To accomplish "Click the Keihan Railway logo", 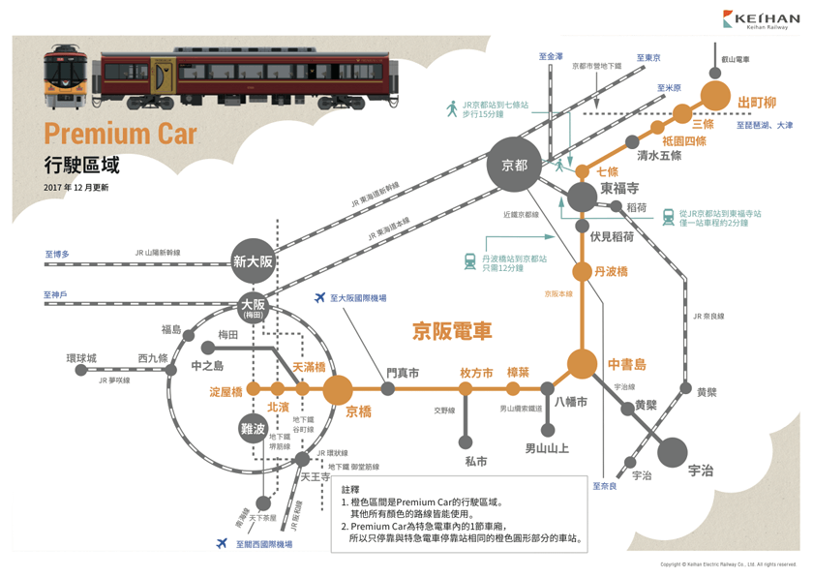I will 759,20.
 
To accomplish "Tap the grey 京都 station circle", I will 514,166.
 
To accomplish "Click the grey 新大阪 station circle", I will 254,260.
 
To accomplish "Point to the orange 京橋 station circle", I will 338,389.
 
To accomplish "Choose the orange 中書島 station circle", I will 582,364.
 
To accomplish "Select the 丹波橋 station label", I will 612,271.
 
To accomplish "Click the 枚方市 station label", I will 476,373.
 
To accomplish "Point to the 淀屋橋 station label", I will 225,392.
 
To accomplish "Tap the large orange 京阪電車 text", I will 453,331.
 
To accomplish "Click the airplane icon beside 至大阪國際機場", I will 321,299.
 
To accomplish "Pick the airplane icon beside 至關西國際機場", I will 223,544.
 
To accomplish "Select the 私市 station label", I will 475,462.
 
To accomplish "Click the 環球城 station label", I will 81,358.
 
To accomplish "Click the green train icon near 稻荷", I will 668,217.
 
